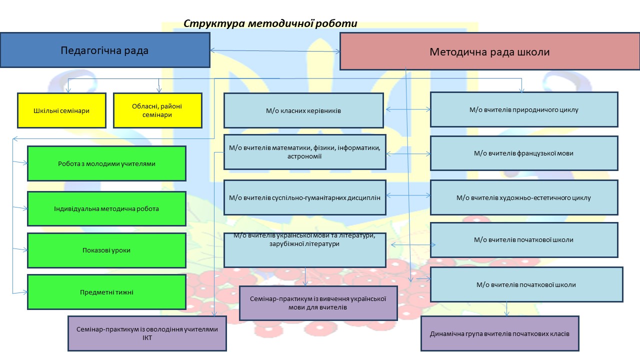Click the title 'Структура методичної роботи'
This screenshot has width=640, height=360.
270,23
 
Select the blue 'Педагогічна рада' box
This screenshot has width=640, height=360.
105,50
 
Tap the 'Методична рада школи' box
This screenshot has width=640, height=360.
489,51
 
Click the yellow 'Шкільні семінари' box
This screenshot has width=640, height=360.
61,110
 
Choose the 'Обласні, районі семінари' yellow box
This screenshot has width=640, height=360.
158,110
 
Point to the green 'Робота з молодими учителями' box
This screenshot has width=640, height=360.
106,163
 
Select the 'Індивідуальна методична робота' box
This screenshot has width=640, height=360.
106,208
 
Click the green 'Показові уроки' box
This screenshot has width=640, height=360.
106,250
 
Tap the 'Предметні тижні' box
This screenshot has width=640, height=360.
106,292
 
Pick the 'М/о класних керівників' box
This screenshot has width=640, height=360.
303,110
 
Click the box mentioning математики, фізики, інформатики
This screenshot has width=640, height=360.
304,152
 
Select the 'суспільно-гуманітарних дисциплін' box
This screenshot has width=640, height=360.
304,197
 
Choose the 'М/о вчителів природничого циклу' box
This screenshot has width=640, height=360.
524,109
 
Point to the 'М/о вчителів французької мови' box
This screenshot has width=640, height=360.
524,153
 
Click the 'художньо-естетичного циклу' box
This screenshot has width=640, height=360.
524,197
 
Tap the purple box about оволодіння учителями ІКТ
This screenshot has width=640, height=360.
147,333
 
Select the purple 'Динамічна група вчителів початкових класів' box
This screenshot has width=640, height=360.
499,333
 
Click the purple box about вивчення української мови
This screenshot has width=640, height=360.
318,303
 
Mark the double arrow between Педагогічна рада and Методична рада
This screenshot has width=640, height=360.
275,50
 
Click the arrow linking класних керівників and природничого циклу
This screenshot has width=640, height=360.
407,109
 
